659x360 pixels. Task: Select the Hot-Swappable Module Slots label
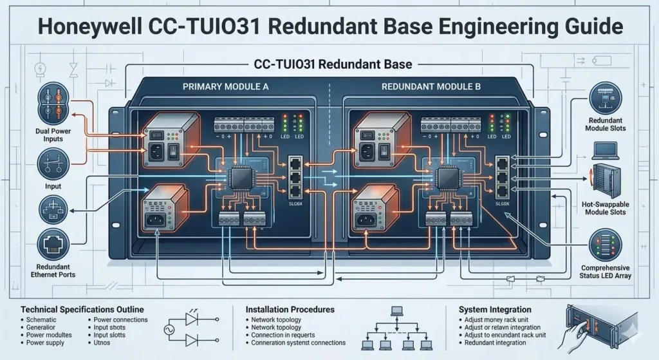[607, 209]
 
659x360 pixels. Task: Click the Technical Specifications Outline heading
[82, 309]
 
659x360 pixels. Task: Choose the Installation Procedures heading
[290, 310]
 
